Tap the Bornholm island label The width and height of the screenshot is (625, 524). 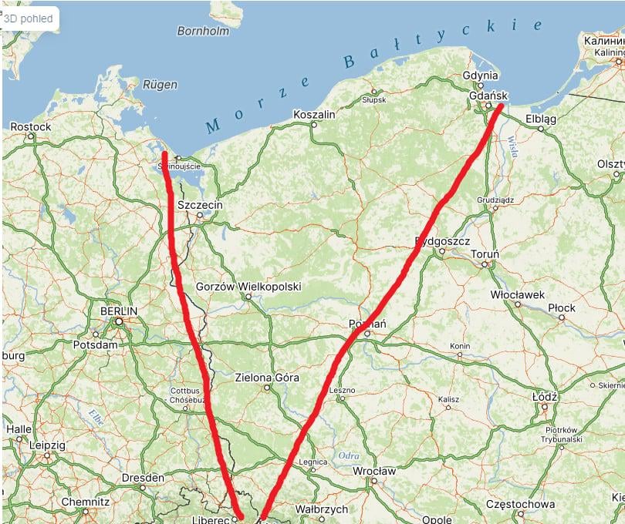(x=204, y=32)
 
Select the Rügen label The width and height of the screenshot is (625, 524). (x=160, y=85)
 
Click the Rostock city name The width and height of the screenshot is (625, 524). (x=31, y=126)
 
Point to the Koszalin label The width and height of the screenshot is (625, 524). (x=314, y=115)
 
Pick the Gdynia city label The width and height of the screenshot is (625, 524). (x=481, y=76)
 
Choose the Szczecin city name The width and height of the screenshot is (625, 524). (x=200, y=206)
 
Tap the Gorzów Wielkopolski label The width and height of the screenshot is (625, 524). (x=248, y=287)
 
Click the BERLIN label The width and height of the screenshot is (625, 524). (x=119, y=311)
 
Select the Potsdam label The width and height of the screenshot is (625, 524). (x=94, y=344)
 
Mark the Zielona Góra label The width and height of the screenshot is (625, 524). (x=266, y=378)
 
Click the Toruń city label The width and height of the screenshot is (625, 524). (x=485, y=254)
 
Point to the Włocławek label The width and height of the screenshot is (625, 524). (x=518, y=295)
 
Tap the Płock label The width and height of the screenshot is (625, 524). (x=562, y=308)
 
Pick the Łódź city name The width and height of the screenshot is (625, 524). (x=545, y=396)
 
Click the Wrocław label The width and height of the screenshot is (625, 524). (x=374, y=471)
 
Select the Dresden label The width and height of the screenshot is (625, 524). (x=143, y=478)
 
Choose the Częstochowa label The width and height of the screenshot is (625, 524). (x=520, y=504)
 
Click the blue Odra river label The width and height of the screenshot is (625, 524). (x=349, y=456)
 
